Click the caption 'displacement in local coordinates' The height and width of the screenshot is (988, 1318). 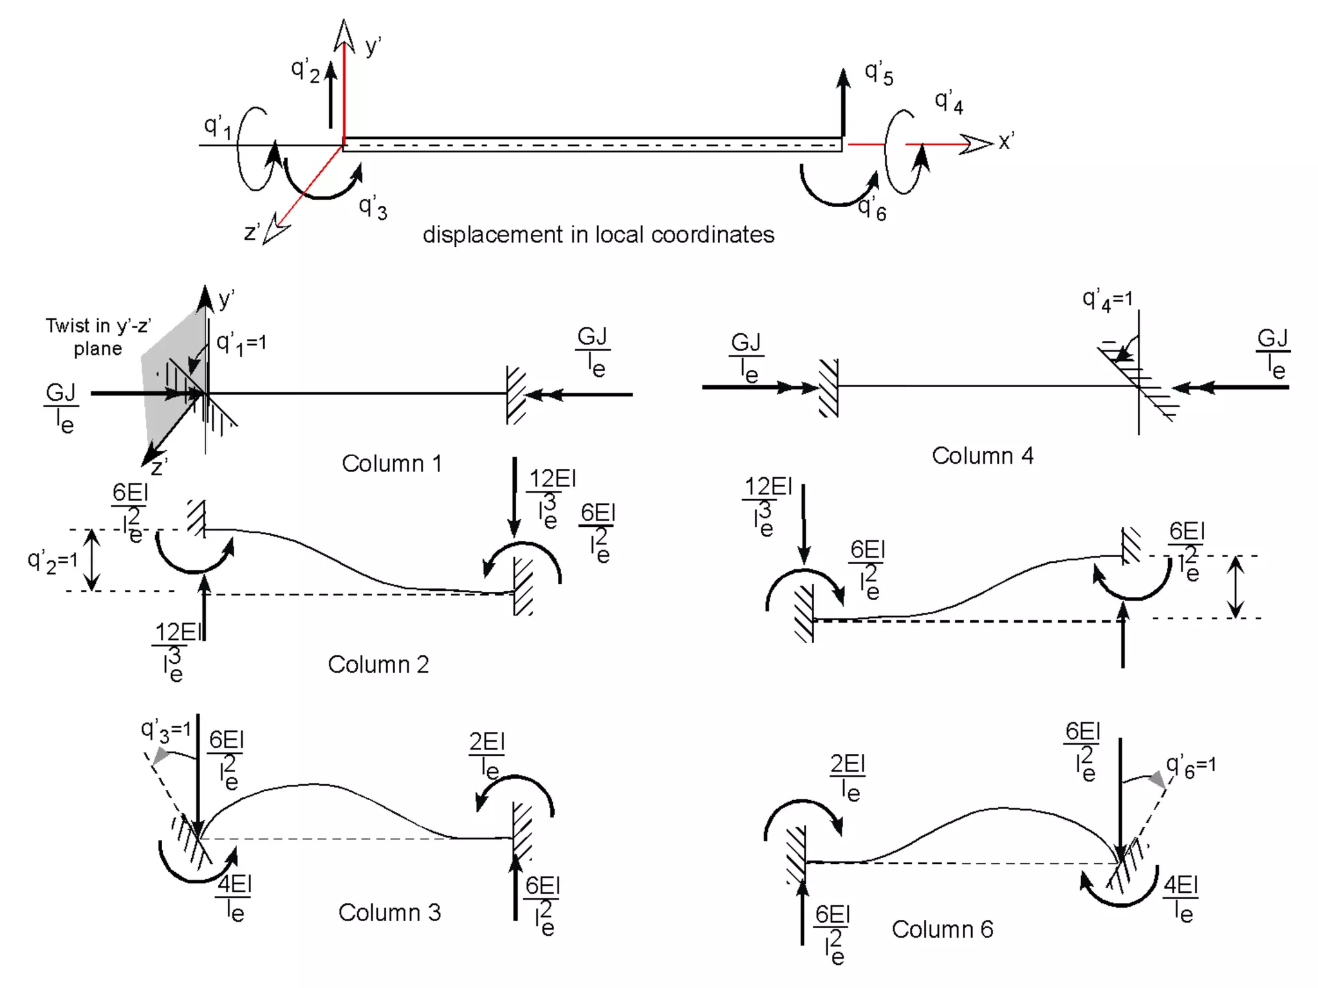pyautogui.click(x=598, y=235)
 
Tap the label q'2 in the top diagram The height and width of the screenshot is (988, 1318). pyautogui.click(x=305, y=70)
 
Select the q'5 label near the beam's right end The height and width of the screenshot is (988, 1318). pyautogui.click(x=878, y=73)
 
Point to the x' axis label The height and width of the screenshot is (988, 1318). pyautogui.click(x=1007, y=141)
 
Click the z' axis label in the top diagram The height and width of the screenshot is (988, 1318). pyautogui.click(x=252, y=232)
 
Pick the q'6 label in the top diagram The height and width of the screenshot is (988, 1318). pyautogui.click(x=873, y=209)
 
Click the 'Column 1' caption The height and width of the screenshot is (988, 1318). pyautogui.click(x=391, y=463)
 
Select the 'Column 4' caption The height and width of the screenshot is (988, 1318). pyautogui.click(x=982, y=455)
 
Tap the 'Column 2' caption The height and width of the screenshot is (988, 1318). pyautogui.click(x=378, y=664)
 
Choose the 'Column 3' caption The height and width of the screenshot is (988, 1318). pyautogui.click(x=389, y=912)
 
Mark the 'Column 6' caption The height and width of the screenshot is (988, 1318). pyautogui.click(x=942, y=929)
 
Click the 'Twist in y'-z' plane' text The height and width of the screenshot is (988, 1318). pyautogui.click(x=98, y=336)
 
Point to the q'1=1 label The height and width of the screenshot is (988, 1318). pyautogui.click(x=241, y=343)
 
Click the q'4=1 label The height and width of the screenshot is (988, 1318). pyautogui.click(x=1107, y=300)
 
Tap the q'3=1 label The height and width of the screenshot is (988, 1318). pyautogui.click(x=166, y=730)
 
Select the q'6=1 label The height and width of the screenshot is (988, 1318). pyautogui.click(x=1191, y=766)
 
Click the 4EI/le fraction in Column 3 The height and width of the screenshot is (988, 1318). pyautogui.click(x=234, y=898)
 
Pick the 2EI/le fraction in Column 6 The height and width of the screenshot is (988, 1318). pyautogui.click(x=848, y=777)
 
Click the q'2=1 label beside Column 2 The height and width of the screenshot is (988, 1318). pyautogui.click(x=52, y=561)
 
